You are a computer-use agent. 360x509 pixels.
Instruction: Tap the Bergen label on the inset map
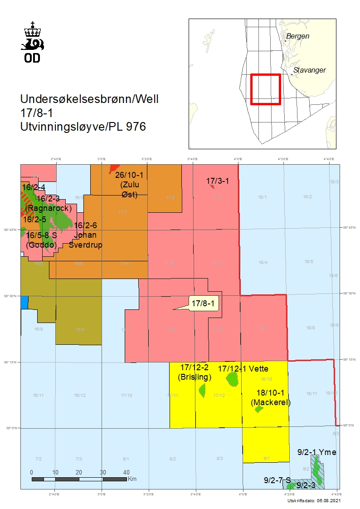[298, 36]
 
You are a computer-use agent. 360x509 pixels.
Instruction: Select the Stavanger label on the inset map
[310, 70]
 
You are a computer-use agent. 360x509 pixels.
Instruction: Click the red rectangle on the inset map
[266, 89]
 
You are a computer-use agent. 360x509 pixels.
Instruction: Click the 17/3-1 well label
[218, 181]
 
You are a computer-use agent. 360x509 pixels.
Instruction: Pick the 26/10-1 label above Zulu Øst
[129, 176]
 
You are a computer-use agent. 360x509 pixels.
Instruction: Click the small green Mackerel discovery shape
[259, 409]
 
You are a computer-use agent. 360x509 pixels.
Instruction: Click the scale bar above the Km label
[79, 479]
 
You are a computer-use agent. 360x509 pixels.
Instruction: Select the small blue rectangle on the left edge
[24, 302]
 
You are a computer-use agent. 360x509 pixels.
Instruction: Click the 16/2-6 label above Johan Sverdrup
[85, 225]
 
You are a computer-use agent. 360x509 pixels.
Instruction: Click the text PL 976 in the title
[129, 127]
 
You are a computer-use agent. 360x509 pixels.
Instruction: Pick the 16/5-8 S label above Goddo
[41, 235]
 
